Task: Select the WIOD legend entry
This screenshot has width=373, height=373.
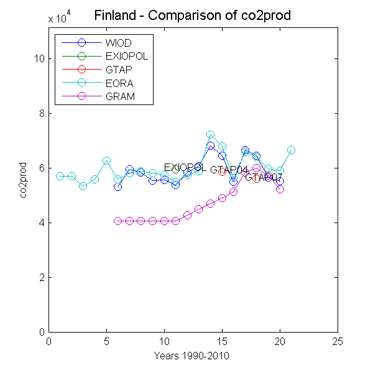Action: (x=119, y=43)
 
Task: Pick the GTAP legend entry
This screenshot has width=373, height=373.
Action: (x=119, y=70)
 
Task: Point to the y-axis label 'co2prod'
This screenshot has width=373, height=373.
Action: (x=24, y=180)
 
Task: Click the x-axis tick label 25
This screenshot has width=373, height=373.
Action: (x=338, y=341)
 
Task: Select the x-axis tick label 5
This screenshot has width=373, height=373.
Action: (x=106, y=341)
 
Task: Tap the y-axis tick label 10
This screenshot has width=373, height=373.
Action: (x=39, y=59)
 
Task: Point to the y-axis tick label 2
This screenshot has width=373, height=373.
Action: (x=41, y=277)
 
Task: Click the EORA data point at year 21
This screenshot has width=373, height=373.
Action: (x=292, y=150)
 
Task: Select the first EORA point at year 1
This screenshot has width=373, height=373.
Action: (x=60, y=176)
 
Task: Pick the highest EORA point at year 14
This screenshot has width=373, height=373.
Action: (x=211, y=134)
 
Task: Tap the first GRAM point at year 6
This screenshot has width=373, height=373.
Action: (x=118, y=221)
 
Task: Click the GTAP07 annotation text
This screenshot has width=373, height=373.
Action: (x=264, y=178)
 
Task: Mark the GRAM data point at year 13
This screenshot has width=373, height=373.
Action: (x=199, y=210)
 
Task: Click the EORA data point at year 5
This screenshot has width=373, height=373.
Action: (x=106, y=160)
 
